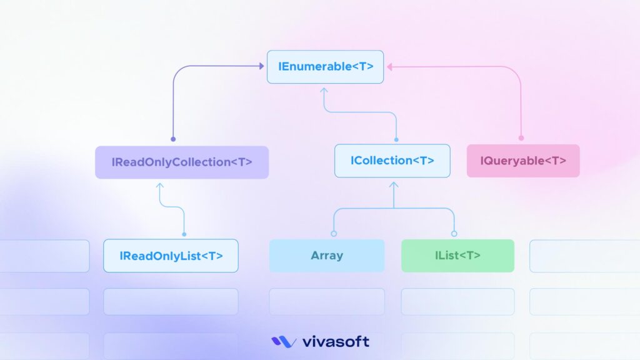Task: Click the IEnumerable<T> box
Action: tap(325, 67)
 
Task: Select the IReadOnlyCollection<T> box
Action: tap(182, 162)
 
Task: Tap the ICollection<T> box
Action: tap(392, 161)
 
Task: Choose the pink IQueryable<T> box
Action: tap(523, 161)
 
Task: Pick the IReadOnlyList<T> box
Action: tap(171, 256)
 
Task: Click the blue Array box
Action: tap(327, 256)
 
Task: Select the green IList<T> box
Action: tap(457, 256)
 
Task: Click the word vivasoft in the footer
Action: tap(336, 342)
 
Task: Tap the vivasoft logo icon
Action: tap(283, 342)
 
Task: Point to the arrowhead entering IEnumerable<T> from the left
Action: tap(261, 66)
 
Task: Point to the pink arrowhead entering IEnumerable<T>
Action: tap(389, 66)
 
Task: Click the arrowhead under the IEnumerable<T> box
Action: tap(324, 90)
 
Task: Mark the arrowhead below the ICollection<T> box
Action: tap(393, 184)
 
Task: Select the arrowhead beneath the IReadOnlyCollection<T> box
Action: tap(159, 186)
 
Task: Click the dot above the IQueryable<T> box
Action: tap(521, 138)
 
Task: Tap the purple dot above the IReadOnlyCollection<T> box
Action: tap(173, 139)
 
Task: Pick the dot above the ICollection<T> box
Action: tap(396, 139)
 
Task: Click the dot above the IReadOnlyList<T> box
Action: tap(184, 234)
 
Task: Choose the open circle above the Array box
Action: tap(334, 234)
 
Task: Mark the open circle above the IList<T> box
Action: tap(454, 234)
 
